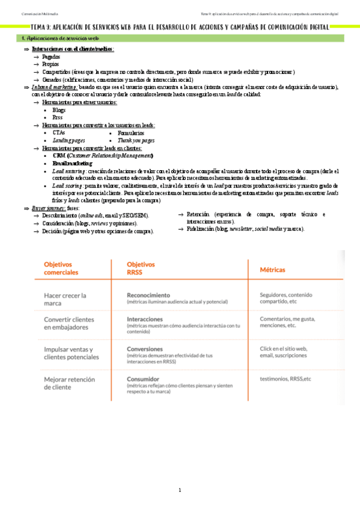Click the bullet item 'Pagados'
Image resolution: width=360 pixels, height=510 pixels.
coord(51,56)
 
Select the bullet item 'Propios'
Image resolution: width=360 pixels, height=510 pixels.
coord(50,64)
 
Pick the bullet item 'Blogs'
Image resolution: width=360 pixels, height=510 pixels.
coord(59,110)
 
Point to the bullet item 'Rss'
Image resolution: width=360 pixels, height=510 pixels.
coord(57,118)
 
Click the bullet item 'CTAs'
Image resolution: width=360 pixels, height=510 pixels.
coord(59,133)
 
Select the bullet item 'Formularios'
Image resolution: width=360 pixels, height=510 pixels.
coord(130,133)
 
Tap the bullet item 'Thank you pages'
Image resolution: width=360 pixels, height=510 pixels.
coord(135,140)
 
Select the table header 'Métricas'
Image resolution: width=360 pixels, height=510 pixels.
coord(272,269)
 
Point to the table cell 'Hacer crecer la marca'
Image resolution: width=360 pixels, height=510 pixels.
coord(66,299)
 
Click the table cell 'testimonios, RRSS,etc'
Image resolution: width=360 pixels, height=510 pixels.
coord(285,379)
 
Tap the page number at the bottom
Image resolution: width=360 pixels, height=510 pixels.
coord(180,490)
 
